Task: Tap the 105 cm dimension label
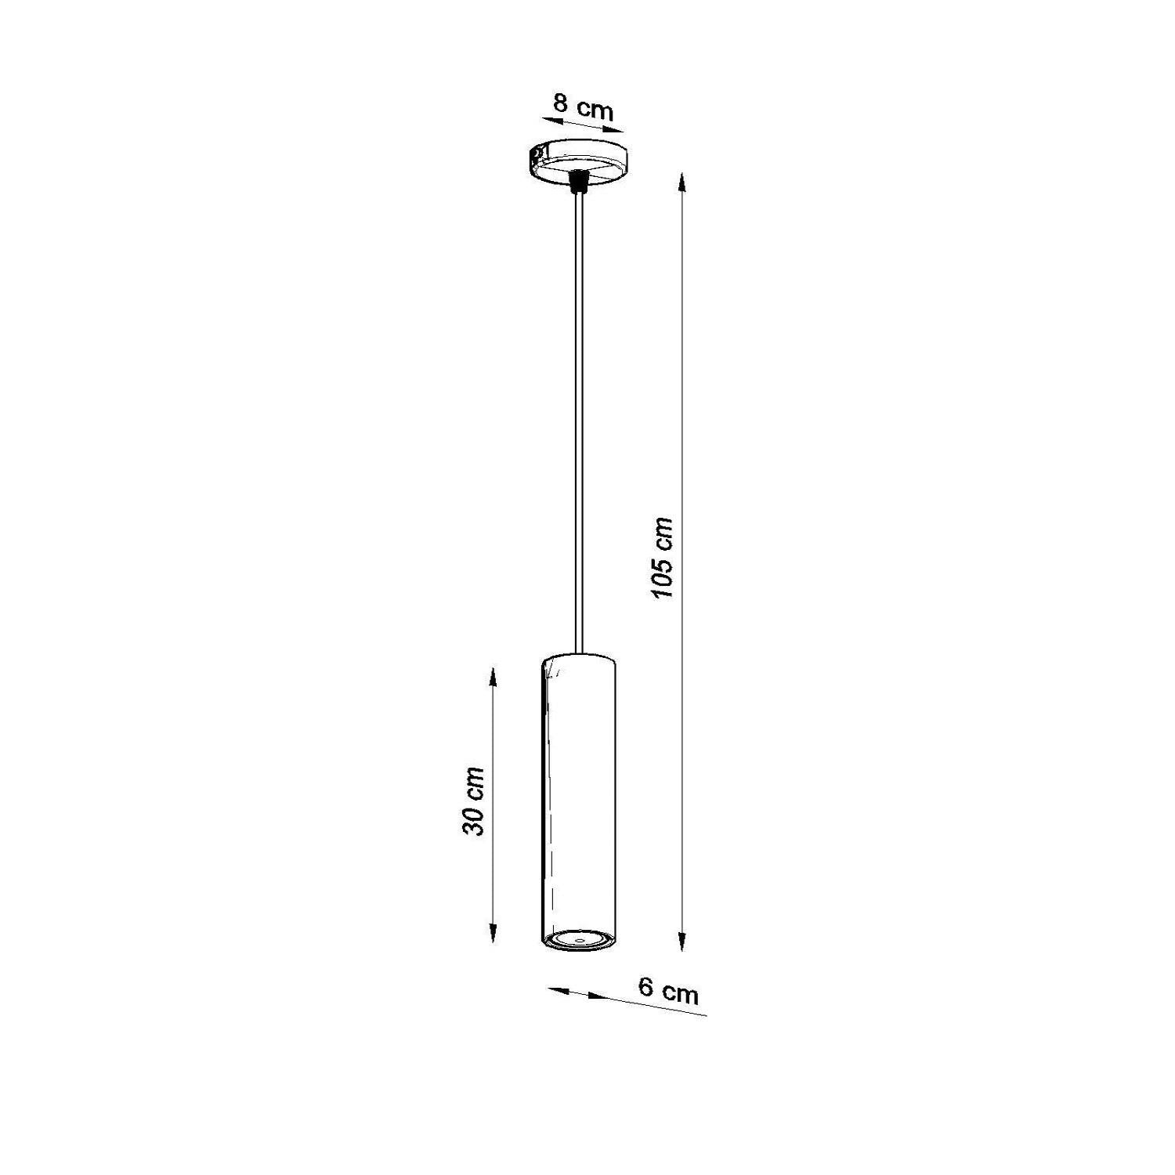click(x=663, y=557)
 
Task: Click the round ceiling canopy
click(x=579, y=162)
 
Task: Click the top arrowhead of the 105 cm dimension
click(x=682, y=183)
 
